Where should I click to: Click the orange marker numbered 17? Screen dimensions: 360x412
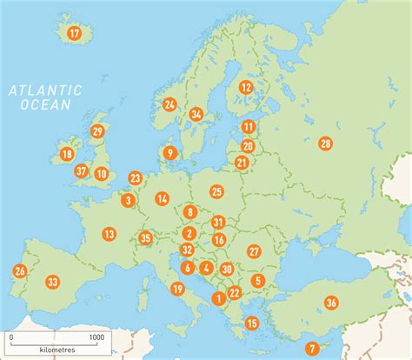tap(74, 34)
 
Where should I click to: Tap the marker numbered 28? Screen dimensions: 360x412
tap(325, 143)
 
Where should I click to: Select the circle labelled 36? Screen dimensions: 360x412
tap(331, 303)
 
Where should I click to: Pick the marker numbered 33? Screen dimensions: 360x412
tap(53, 282)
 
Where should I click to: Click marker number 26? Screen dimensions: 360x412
tap(19, 271)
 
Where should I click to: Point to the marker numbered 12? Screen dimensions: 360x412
tap(246, 87)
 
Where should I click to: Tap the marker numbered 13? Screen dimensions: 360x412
tap(109, 234)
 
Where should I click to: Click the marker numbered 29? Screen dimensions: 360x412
tap(97, 132)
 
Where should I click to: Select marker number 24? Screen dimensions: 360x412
tap(169, 104)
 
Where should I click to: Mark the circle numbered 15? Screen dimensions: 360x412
tap(252, 323)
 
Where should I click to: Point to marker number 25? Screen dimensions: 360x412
tap(216, 191)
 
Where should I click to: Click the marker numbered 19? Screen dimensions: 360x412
tap(177, 289)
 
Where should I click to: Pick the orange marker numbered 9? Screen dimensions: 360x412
tap(170, 153)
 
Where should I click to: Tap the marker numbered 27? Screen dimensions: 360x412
tap(254, 251)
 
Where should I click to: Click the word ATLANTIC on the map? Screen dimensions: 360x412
tap(44, 90)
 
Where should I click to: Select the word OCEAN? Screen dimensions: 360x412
tap(44, 104)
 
